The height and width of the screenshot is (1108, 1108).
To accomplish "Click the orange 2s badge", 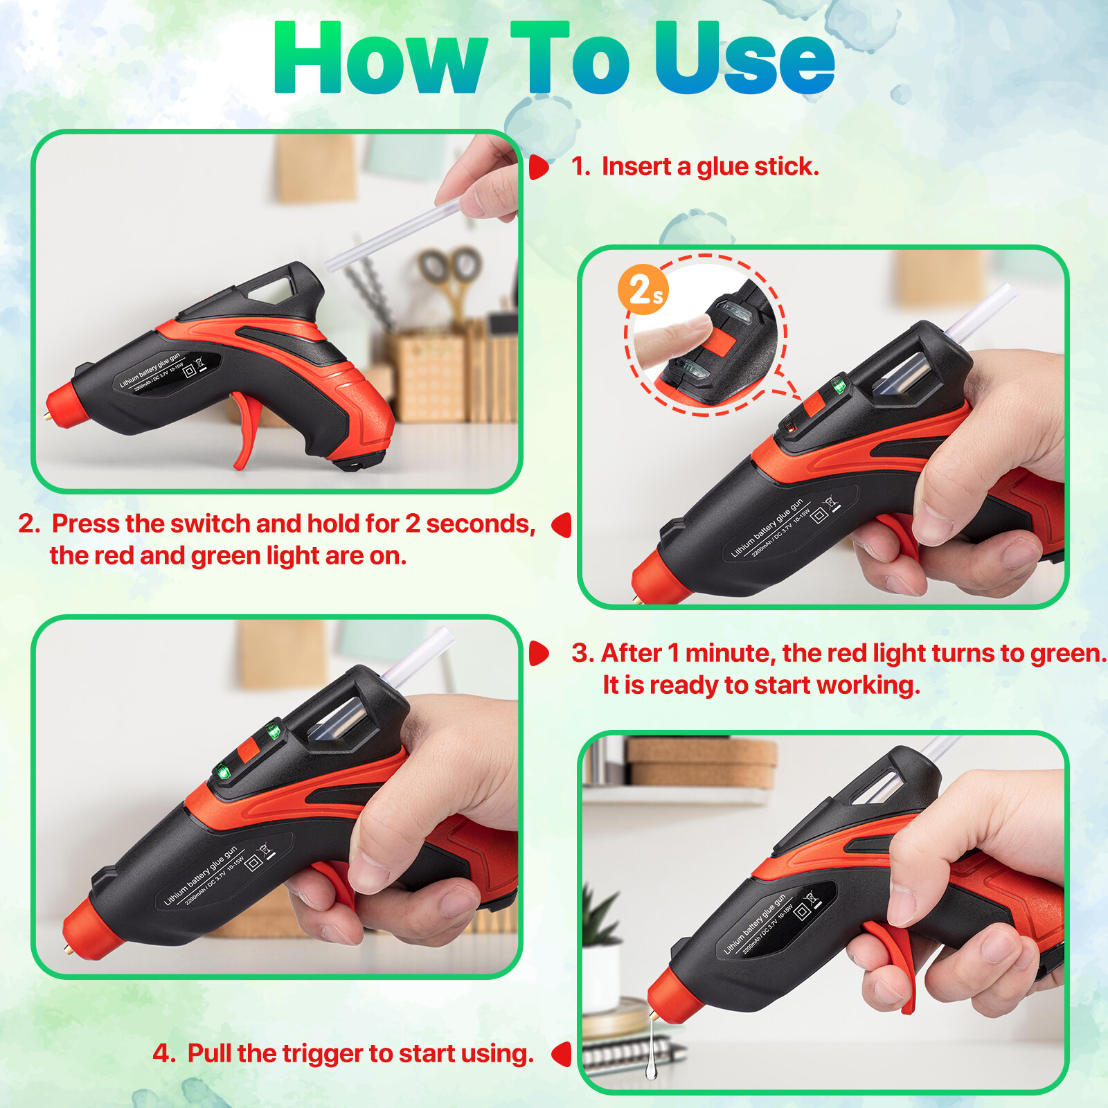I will click(643, 289).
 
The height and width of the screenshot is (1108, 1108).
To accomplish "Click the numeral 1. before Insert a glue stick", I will click(580, 167).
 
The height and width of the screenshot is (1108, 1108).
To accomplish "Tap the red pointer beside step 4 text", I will click(562, 1054).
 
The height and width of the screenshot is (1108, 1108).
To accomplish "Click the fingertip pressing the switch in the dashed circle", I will click(692, 332).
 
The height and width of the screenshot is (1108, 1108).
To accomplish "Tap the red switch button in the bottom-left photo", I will click(248, 751).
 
